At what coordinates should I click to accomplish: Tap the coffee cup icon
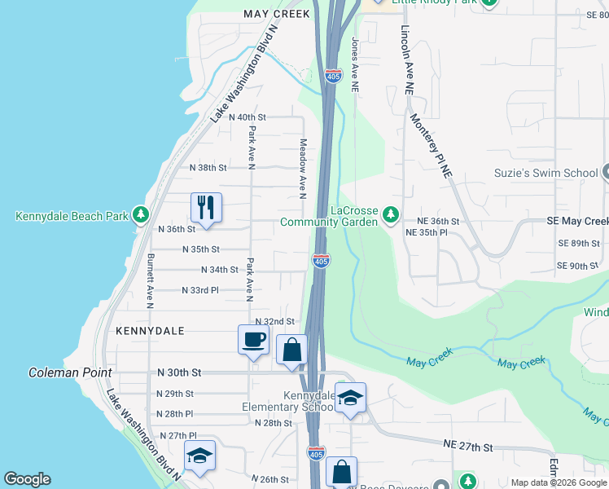(x=253, y=339)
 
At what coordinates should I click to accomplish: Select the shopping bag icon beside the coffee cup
(x=291, y=350)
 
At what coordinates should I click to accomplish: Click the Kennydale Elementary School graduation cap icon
(x=350, y=398)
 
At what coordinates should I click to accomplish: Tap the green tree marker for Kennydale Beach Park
(x=142, y=215)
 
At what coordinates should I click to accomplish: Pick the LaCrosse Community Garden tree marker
(x=392, y=215)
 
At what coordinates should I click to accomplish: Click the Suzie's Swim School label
(x=546, y=173)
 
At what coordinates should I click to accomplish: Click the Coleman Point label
(x=69, y=372)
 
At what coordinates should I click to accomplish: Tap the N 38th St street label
(x=208, y=167)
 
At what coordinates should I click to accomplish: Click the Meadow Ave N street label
(x=301, y=168)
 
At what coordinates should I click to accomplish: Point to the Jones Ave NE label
(x=355, y=63)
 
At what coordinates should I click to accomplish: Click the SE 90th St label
(x=578, y=266)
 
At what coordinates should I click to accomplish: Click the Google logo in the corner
(x=27, y=479)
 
